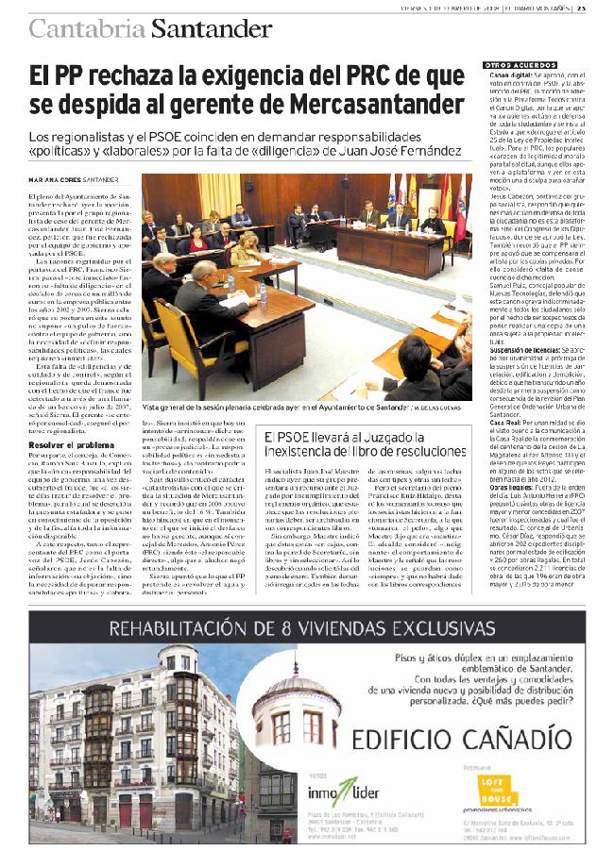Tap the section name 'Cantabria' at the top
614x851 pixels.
pos(87,28)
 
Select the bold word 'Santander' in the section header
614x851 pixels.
pos(207,28)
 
